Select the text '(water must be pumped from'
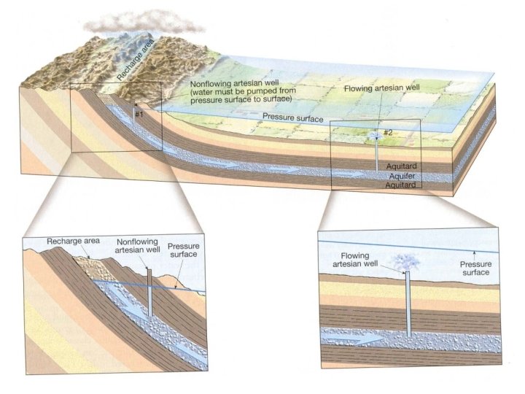pos(238,91)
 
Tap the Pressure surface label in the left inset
pos(183,251)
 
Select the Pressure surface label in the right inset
pos(473,268)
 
